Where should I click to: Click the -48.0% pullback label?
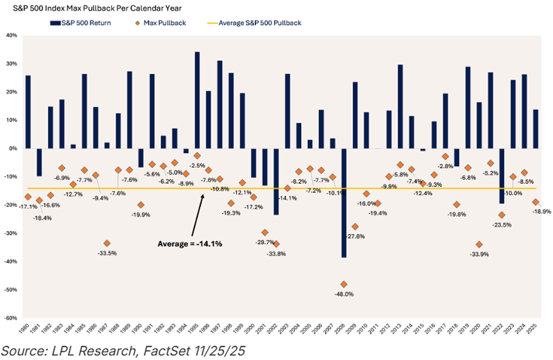coord(344,294)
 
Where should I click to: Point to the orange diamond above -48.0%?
coord(343,284)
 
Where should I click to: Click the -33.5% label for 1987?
coord(107,252)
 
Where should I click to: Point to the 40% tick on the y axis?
coord(12,35)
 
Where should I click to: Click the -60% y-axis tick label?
coord(10,318)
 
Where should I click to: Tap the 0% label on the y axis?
coord(14,148)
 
